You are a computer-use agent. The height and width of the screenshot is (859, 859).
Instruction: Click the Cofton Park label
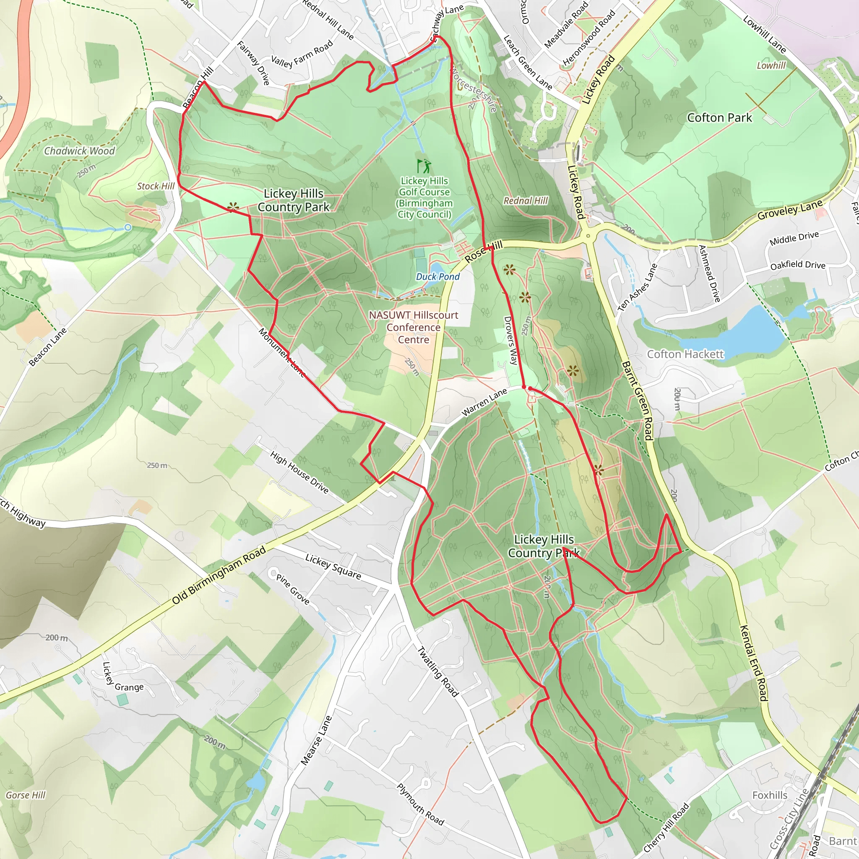719,118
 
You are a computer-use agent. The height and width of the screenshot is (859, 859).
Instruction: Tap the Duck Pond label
437,276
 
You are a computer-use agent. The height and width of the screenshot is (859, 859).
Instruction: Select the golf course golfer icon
424,166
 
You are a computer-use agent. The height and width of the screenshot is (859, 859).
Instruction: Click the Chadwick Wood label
79,151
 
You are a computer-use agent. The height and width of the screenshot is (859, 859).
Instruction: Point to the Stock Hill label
156,186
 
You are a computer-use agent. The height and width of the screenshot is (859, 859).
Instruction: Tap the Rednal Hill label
526,201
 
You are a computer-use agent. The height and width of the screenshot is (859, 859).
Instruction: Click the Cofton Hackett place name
685,354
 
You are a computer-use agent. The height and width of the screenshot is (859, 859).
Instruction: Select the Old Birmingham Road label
219,575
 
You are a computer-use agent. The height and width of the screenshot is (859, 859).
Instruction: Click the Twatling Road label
437,672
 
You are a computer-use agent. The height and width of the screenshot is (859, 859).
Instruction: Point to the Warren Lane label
484,402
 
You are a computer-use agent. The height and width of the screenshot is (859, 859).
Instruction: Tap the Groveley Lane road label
790,210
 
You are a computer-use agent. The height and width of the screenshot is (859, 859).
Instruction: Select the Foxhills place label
770,795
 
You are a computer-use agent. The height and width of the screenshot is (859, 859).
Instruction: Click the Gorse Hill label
25,795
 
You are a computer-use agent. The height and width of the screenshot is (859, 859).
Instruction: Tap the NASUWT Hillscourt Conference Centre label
414,327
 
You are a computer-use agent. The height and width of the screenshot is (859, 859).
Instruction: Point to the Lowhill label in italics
771,66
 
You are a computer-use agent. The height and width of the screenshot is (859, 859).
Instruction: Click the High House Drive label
299,473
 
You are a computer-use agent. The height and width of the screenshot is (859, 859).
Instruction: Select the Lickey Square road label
333,566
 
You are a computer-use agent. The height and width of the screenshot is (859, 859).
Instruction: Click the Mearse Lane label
316,741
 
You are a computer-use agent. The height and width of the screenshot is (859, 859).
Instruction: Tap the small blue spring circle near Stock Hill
128,228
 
